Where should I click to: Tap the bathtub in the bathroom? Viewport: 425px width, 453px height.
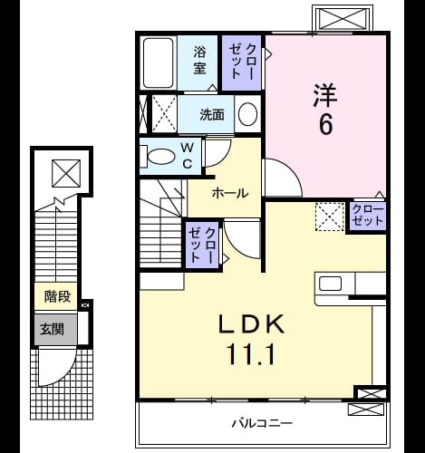[x=159, y=63]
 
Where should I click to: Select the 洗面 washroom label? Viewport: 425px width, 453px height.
[x=212, y=114]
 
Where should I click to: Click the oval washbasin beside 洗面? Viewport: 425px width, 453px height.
[x=247, y=114]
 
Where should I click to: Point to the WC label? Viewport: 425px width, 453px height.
[x=188, y=156]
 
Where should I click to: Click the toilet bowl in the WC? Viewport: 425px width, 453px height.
[x=160, y=156]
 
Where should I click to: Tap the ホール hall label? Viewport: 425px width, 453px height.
[x=230, y=193]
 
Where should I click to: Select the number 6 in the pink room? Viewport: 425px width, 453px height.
[x=325, y=124]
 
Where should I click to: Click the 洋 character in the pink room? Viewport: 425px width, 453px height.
[x=325, y=95]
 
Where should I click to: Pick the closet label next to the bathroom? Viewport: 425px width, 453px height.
[x=241, y=62]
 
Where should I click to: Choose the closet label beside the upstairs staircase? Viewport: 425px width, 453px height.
[x=202, y=245]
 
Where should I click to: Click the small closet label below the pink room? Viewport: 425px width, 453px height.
[x=368, y=216]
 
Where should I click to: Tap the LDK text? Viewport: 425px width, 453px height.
[x=251, y=323]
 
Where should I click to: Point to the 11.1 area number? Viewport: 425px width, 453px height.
[x=251, y=354]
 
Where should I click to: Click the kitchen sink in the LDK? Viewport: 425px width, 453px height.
[x=330, y=284]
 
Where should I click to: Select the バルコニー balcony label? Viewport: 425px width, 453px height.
[x=262, y=423]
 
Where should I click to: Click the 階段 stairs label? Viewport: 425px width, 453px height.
[x=57, y=296]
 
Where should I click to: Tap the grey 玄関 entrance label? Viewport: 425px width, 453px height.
[x=53, y=329]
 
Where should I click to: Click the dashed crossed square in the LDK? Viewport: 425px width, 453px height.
[x=330, y=217]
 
